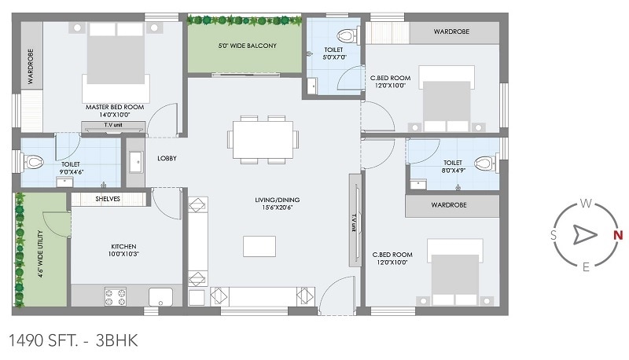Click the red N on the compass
(618, 235)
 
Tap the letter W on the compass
(586, 204)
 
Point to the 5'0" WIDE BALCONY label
(247, 46)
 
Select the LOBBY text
(166, 158)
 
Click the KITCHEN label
(123, 249)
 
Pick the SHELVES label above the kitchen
(108, 199)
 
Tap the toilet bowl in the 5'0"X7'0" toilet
(344, 35)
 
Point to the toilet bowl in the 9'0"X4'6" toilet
(34, 163)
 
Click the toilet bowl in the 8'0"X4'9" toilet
(484, 164)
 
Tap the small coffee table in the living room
(259, 246)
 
